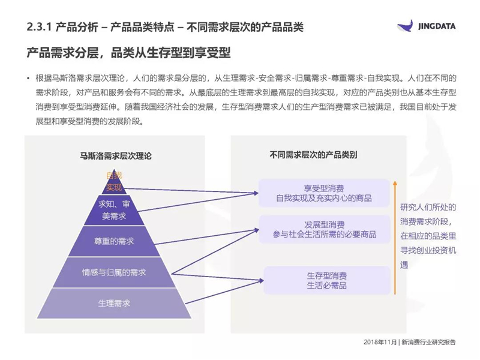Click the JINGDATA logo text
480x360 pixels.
point(437,26)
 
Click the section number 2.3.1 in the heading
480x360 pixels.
point(38,27)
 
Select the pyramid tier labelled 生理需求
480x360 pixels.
point(114,304)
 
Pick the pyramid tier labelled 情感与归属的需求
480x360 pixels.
point(114,272)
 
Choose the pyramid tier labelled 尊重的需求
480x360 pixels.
point(114,241)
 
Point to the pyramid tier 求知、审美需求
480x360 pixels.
point(114,211)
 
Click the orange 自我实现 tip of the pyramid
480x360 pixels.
point(114,182)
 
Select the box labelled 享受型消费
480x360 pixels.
point(324,193)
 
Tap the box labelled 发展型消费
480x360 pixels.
point(325,230)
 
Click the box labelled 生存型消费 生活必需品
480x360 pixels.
point(327,280)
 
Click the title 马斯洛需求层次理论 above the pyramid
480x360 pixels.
point(116,156)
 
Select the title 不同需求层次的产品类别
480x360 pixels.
point(313,155)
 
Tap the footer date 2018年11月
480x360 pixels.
point(380,342)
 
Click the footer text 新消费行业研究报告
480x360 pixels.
point(428,342)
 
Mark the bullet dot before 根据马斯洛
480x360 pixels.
point(28,79)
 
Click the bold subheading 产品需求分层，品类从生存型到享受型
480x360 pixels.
point(128,53)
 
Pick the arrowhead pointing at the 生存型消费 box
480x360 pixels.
point(261,280)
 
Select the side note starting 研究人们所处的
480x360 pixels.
point(428,236)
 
